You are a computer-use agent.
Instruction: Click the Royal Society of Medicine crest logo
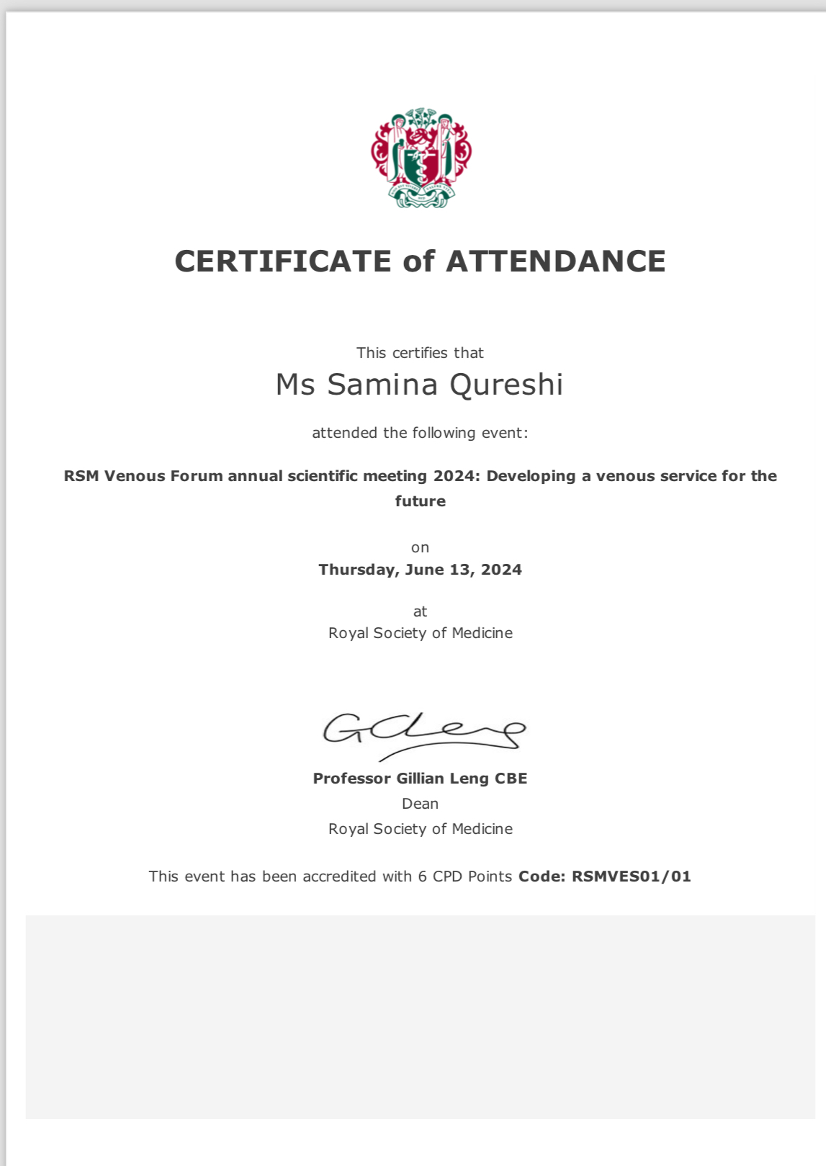tap(421, 158)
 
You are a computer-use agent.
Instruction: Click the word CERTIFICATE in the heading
tap(283, 261)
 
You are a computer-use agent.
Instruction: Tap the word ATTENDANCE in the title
tap(556, 261)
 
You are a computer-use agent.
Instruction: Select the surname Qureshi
tap(506, 385)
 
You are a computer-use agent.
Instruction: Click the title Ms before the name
tap(295, 385)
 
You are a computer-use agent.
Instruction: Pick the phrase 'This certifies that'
tap(420, 353)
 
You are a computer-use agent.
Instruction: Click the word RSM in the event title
tap(81, 476)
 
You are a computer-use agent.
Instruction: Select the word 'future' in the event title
tap(420, 501)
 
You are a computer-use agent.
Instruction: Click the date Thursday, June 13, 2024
tap(420, 570)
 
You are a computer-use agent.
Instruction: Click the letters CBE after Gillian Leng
tap(511, 779)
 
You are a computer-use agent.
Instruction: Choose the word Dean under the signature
tap(420, 804)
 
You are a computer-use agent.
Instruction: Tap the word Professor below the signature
tap(352, 779)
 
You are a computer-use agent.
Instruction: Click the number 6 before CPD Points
tap(422, 876)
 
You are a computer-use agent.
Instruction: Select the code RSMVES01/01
tap(631, 876)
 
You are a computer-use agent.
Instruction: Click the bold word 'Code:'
tap(542, 876)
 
